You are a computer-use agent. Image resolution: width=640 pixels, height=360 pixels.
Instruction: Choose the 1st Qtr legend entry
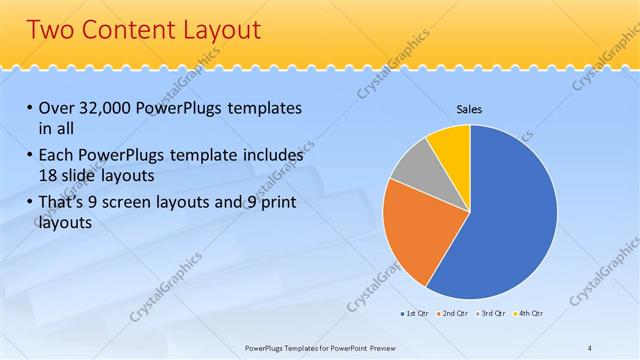(416, 315)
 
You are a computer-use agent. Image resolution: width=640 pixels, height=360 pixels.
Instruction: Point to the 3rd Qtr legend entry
(492, 315)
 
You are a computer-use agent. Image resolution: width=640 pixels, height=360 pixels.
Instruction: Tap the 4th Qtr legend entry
(529, 315)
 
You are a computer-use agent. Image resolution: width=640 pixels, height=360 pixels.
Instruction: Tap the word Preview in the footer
(381, 348)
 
